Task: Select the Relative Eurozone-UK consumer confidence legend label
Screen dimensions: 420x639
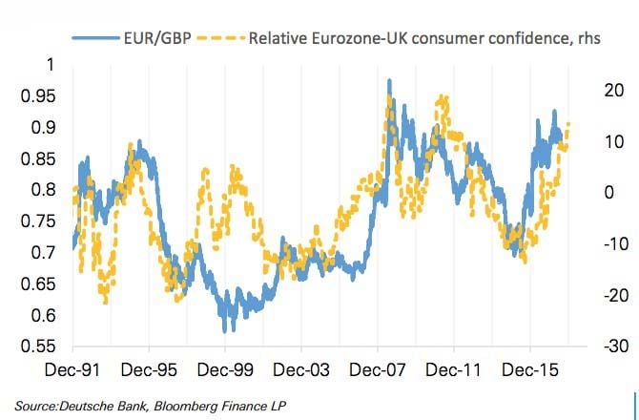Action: coord(411,38)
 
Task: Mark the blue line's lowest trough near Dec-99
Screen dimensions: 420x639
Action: coord(225,330)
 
